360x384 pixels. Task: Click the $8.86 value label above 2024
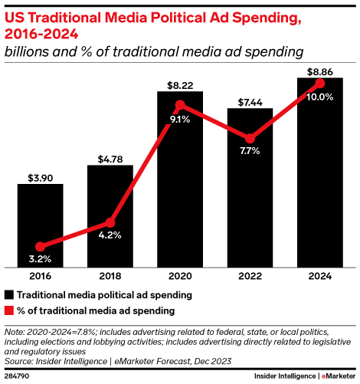[319, 71]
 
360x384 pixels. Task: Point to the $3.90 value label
[40, 177]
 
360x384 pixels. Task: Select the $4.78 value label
[110, 159]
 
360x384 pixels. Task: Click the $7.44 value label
[250, 101]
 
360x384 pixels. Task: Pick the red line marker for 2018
[110, 223]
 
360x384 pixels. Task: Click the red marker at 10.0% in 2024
[319, 83]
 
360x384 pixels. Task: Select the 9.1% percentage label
[180, 119]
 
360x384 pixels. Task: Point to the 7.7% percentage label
[250, 151]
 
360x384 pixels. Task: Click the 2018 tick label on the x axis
[110, 275]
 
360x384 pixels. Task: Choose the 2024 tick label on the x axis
[319, 275]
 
